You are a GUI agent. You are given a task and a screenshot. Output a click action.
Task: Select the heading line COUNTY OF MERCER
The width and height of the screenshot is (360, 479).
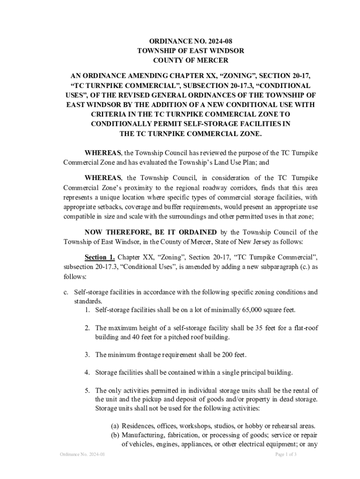[x=191, y=60]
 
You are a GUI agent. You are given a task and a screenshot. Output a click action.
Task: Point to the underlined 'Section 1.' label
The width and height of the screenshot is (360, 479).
[x=99, y=257]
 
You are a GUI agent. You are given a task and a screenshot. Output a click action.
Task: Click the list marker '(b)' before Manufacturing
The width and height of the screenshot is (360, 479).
[x=115, y=435]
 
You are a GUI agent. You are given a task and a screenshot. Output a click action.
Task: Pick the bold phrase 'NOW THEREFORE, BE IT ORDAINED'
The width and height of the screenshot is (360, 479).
[x=151, y=232]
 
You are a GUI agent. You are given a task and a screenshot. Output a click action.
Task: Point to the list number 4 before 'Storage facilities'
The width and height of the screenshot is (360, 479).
[x=87, y=372]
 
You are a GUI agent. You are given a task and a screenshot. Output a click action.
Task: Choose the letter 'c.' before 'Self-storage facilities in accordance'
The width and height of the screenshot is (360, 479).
[x=66, y=292]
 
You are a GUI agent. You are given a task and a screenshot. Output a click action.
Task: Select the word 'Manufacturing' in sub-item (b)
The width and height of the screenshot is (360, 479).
[x=143, y=435]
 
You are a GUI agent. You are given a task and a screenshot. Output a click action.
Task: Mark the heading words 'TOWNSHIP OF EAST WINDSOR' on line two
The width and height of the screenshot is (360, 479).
[x=191, y=50]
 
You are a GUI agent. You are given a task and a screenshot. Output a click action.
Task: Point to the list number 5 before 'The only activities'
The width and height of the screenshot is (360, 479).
[x=87, y=390]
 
